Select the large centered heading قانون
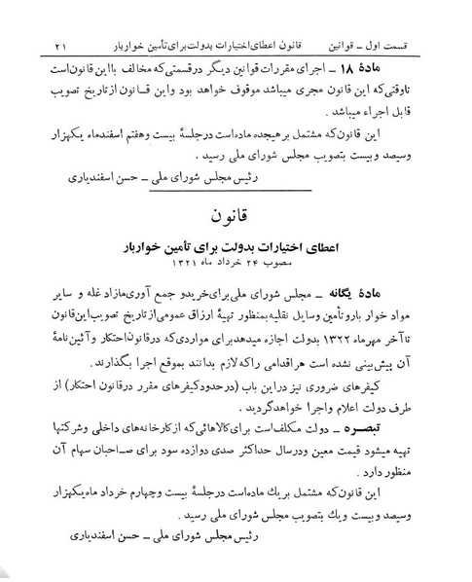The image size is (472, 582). [x=236, y=212]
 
